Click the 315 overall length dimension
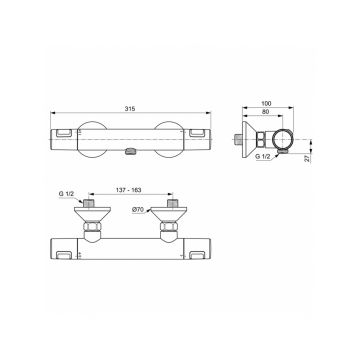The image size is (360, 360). pyautogui.click(x=130, y=109)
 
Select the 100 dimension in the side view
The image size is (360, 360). pyautogui.click(x=267, y=104)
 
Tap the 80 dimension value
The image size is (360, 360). pyautogui.click(x=265, y=112)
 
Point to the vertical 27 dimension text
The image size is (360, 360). pyautogui.click(x=307, y=159)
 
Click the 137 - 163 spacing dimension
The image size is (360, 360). pyautogui.click(x=129, y=190)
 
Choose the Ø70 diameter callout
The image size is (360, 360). pyautogui.click(x=137, y=210)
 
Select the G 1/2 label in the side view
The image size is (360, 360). pyautogui.click(x=263, y=156)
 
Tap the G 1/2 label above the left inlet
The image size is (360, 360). pyautogui.click(x=66, y=194)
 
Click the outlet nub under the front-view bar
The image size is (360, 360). pyautogui.click(x=130, y=152)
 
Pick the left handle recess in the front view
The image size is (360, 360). pyautogui.click(x=65, y=133)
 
